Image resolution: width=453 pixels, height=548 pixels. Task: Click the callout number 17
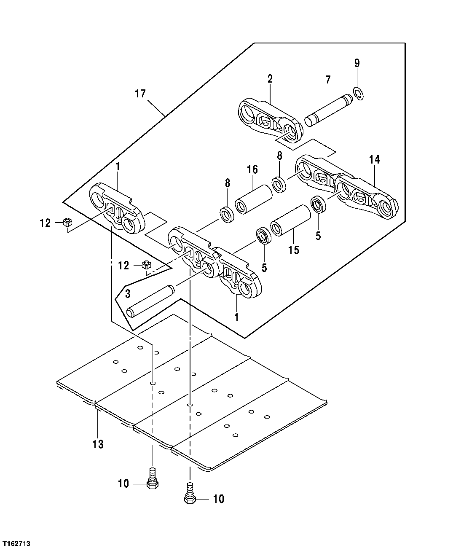tap(140, 94)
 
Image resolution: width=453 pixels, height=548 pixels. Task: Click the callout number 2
tap(270, 78)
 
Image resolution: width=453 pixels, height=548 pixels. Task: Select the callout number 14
tap(374, 160)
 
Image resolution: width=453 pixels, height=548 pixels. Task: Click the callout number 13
tap(98, 444)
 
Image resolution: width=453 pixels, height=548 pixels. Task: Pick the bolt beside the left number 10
tap(152, 480)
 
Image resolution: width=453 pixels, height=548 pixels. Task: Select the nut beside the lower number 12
tap(146, 265)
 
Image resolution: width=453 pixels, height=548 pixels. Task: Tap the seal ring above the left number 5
tap(264, 236)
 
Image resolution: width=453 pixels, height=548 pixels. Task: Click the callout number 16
tap(252, 169)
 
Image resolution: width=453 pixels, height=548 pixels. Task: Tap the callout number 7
tap(328, 79)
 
